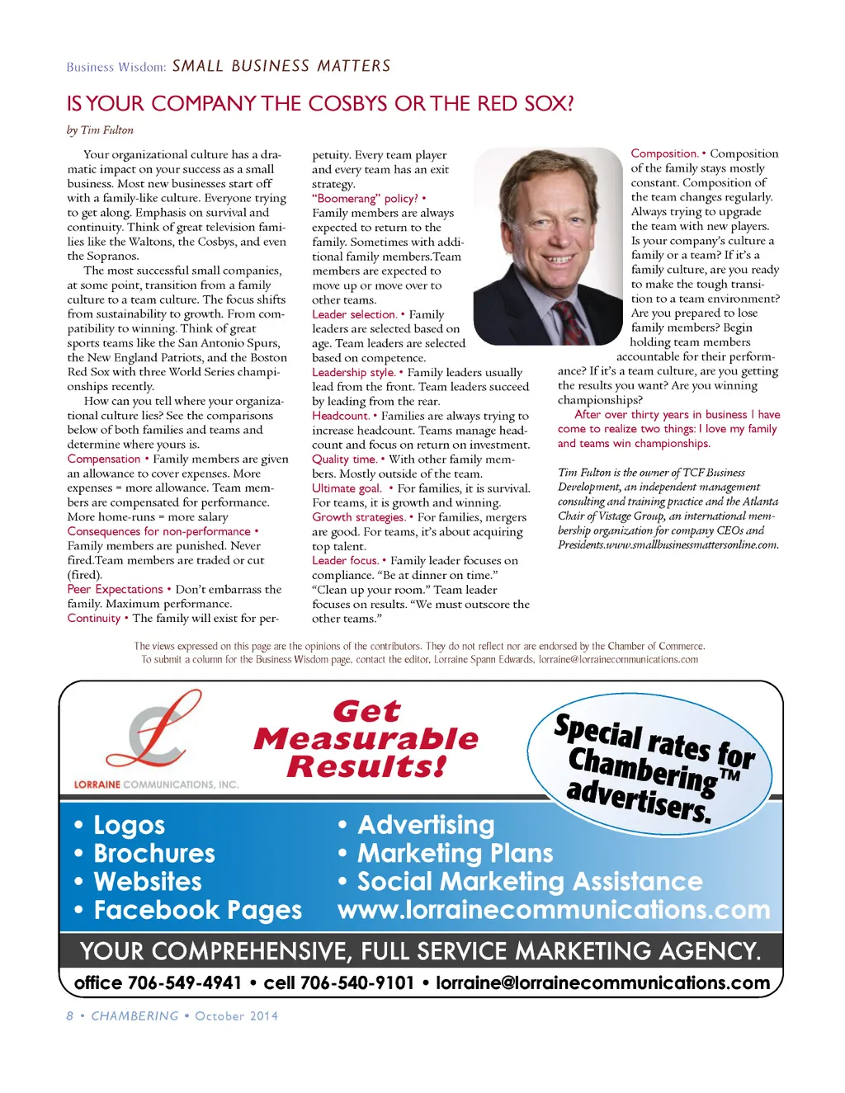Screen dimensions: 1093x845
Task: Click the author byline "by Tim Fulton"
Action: (x=100, y=130)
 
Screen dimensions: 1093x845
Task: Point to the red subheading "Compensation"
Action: (x=104, y=459)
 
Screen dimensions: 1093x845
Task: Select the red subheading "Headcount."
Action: (x=340, y=416)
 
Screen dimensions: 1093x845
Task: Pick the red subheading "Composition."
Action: (x=664, y=153)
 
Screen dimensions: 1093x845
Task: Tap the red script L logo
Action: (x=163, y=731)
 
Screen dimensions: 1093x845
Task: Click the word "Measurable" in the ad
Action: (x=366, y=738)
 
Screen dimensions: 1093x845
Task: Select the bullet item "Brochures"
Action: (x=154, y=853)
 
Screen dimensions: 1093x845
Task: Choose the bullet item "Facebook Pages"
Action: (x=197, y=910)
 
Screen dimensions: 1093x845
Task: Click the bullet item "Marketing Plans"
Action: (x=455, y=853)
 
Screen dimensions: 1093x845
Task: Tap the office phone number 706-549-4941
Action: (x=185, y=982)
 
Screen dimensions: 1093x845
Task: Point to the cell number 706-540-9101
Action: (x=357, y=982)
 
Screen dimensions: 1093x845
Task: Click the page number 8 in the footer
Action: (x=70, y=1015)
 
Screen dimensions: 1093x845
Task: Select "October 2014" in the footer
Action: (x=236, y=1015)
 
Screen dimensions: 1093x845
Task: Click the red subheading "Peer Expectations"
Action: (x=116, y=589)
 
